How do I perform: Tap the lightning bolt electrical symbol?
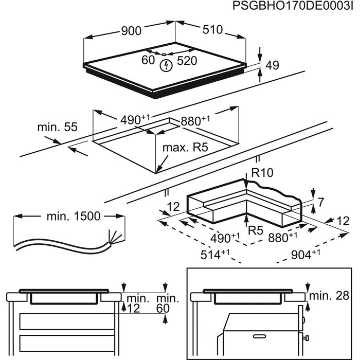click(166, 65)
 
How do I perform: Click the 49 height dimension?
click(273, 65)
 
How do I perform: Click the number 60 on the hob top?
click(149, 61)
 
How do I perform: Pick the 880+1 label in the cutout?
click(195, 121)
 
